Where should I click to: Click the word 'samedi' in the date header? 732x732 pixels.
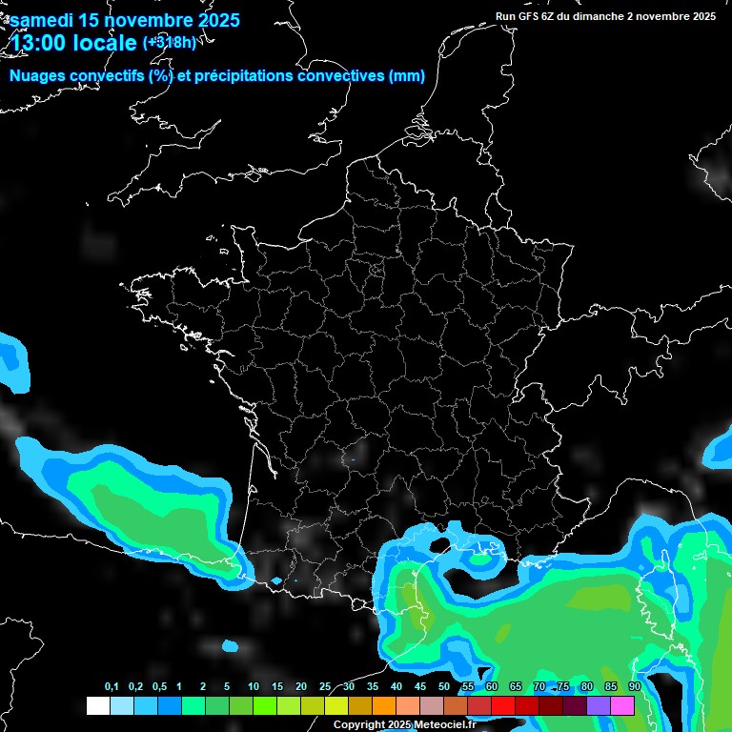(44, 19)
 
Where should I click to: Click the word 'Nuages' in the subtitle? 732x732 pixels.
(37, 76)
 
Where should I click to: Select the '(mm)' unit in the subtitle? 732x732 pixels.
(407, 76)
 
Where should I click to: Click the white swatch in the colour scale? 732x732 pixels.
(98, 705)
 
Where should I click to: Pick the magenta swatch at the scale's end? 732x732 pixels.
(622, 705)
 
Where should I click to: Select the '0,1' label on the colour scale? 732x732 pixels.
(111, 687)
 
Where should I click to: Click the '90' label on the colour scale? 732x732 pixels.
(634, 687)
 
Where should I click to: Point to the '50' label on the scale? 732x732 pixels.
(444, 687)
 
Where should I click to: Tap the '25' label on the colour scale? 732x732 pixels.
(325, 687)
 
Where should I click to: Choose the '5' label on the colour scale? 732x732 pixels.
(226, 687)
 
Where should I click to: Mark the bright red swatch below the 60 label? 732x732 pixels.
(503, 705)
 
